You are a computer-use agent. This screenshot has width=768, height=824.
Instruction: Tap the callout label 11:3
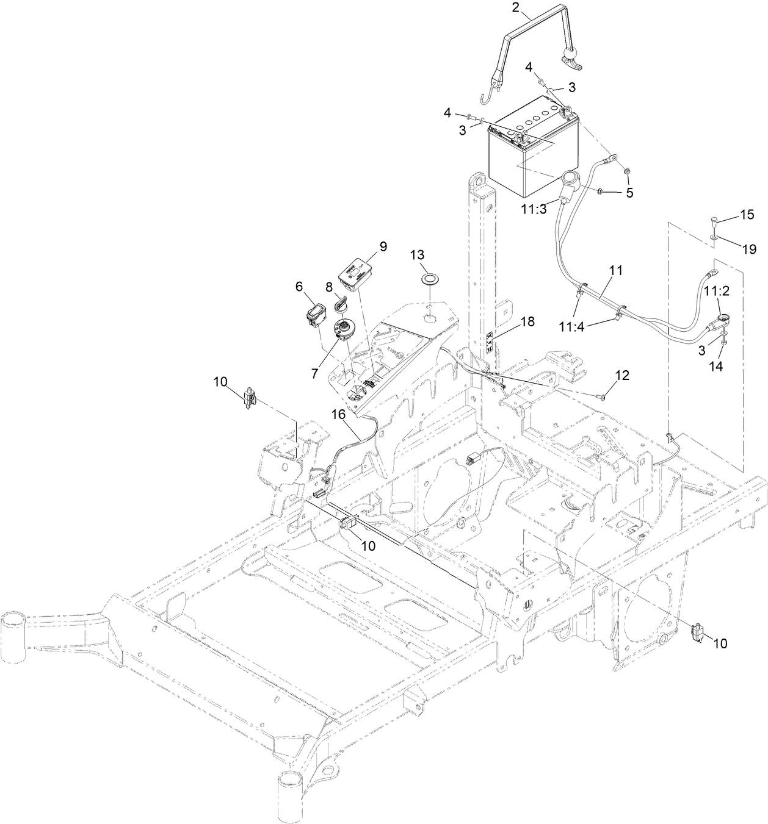pyautogui.click(x=535, y=208)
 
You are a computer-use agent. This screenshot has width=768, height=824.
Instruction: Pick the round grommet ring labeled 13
pyautogui.click(x=432, y=279)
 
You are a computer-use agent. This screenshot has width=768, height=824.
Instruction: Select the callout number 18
pyautogui.click(x=527, y=321)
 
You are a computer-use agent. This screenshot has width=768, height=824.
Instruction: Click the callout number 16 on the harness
pyautogui.click(x=338, y=414)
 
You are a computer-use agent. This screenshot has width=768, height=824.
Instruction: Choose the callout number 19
pyautogui.click(x=748, y=249)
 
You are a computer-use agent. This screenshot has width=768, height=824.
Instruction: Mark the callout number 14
pyautogui.click(x=715, y=366)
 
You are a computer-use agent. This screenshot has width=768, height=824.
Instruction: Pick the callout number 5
pyautogui.click(x=628, y=193)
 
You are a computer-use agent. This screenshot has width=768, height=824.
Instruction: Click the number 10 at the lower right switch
pyautogui.click(x=720, y=642)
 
